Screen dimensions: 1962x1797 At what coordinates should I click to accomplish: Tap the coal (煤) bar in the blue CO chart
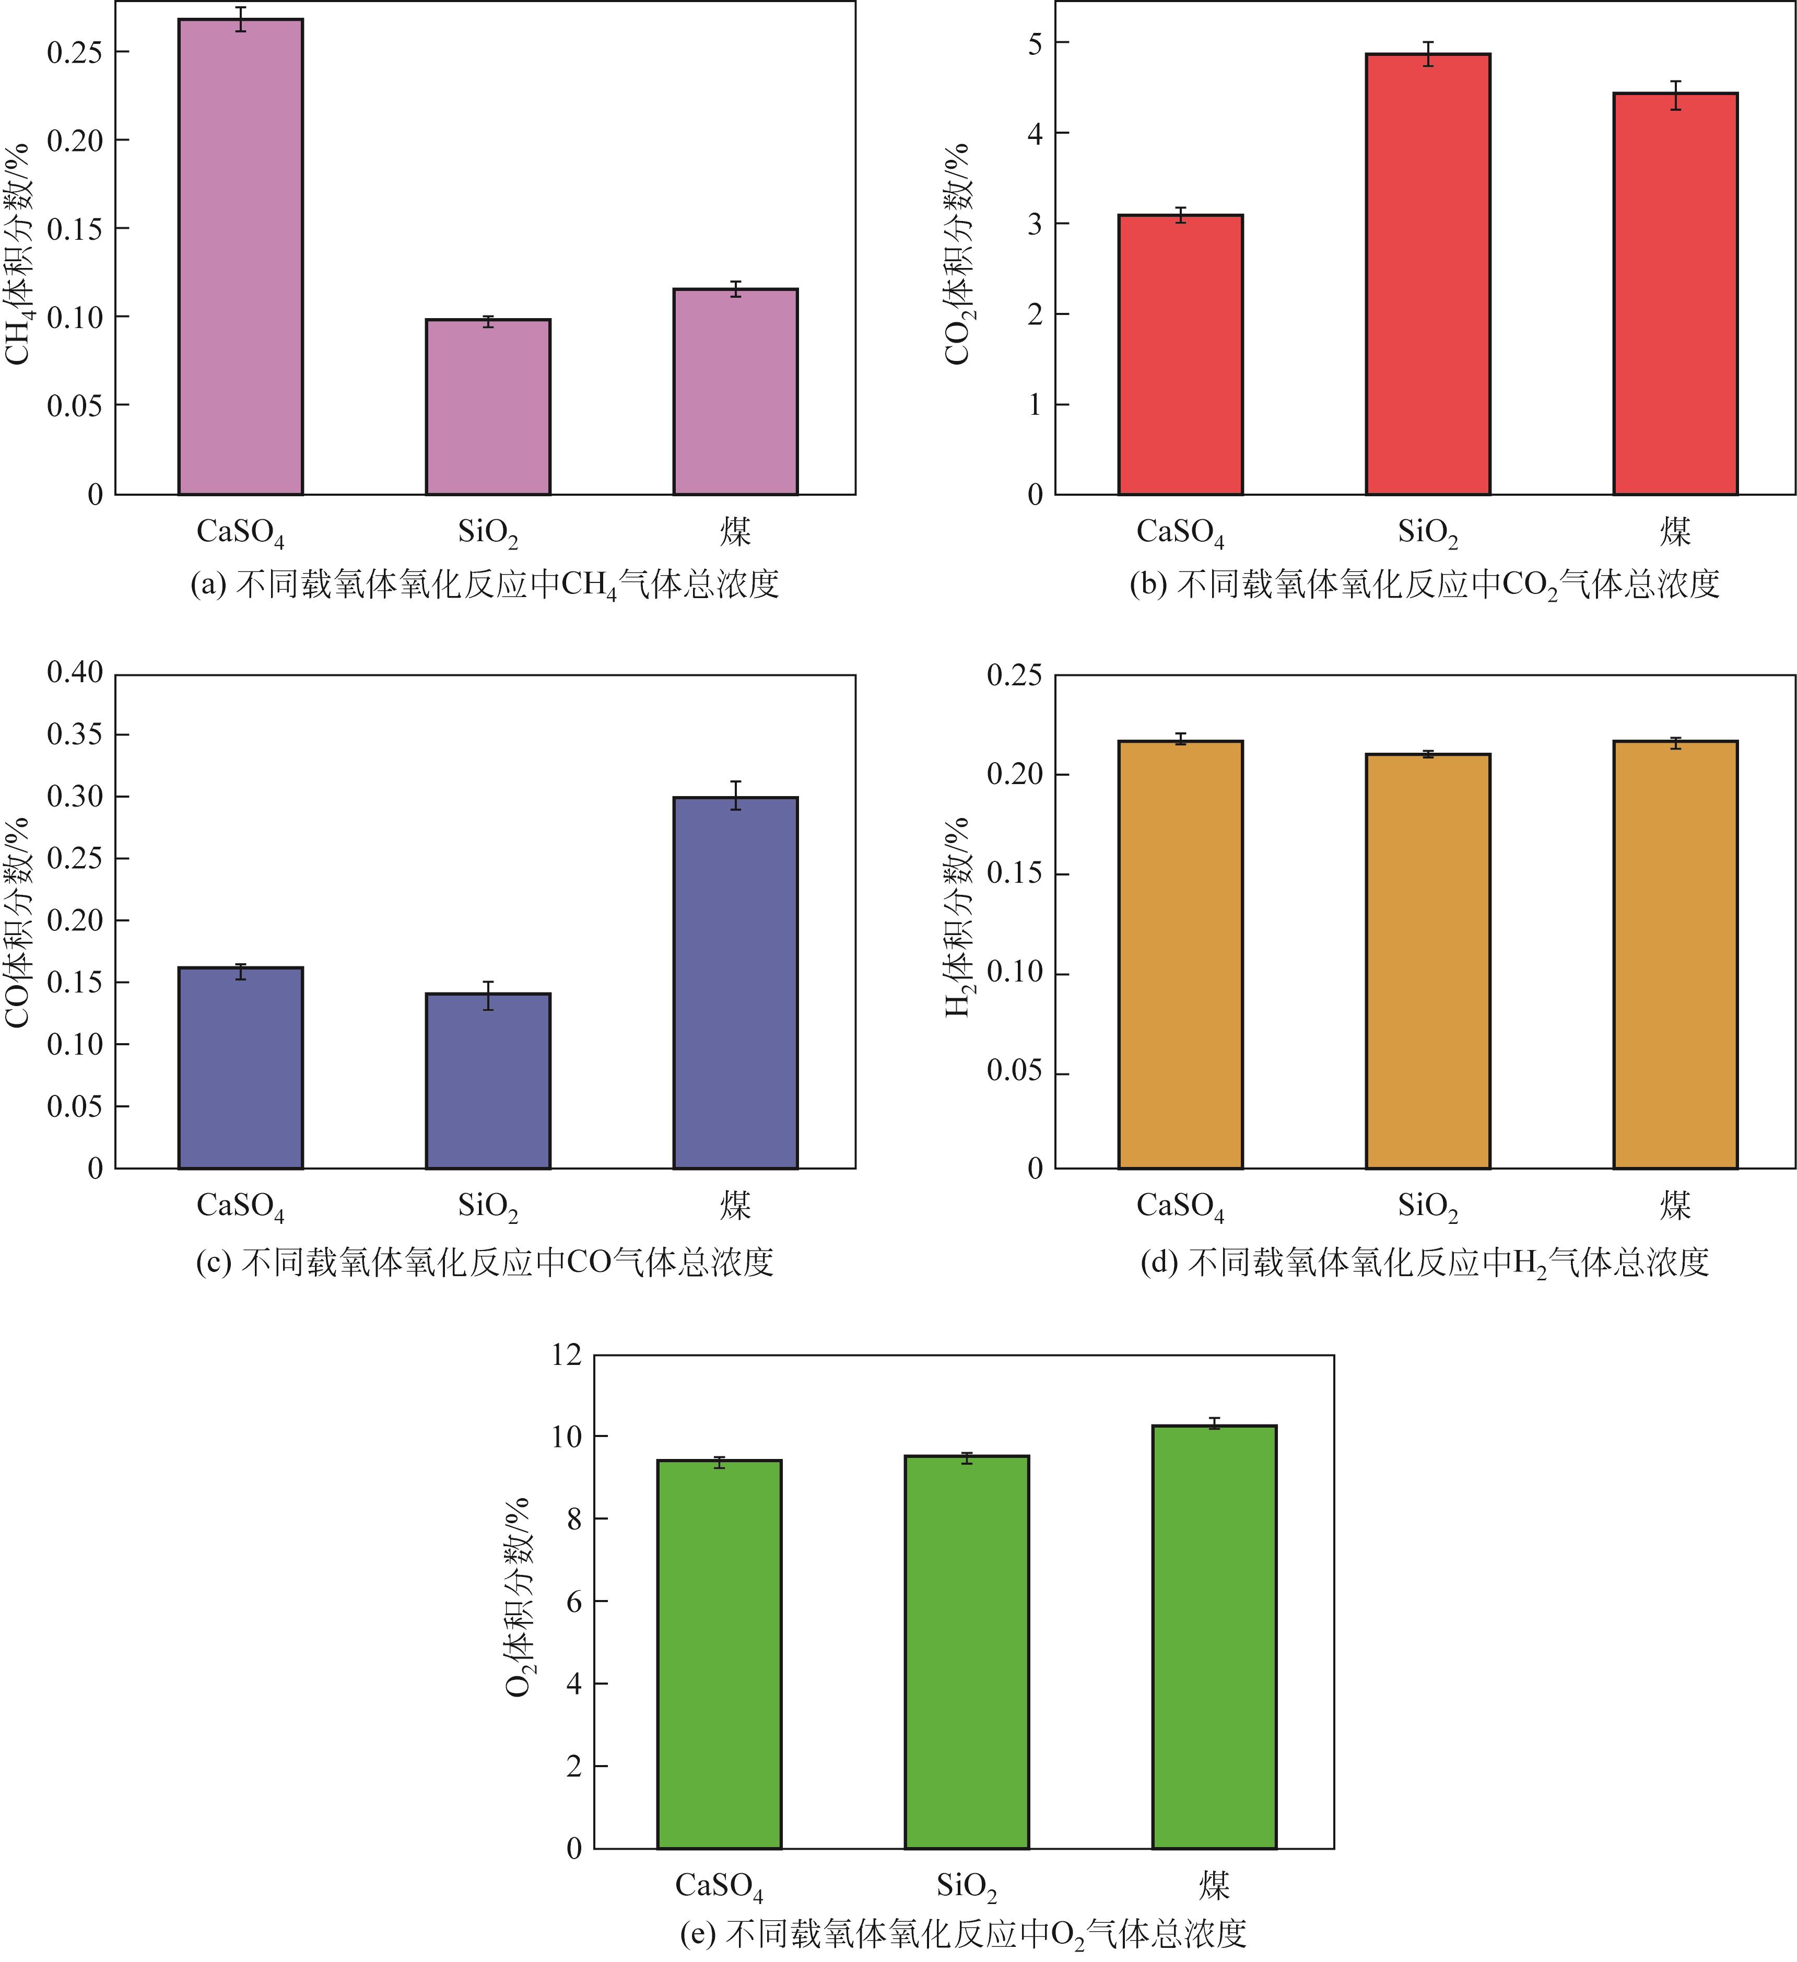735,983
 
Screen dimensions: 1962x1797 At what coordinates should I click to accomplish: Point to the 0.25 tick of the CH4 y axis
75,52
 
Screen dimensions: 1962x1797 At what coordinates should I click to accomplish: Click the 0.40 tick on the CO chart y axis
75,672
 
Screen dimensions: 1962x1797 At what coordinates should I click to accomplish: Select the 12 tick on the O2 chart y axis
565,1354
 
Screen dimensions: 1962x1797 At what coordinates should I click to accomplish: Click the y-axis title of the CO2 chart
958,253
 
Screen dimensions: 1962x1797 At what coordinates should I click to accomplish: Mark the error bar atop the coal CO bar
735,795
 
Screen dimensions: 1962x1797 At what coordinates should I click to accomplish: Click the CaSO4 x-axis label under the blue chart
240,1207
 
